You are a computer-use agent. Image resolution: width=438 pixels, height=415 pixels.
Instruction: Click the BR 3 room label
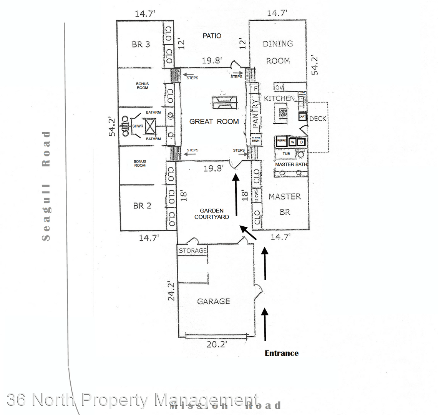tap(141, 45)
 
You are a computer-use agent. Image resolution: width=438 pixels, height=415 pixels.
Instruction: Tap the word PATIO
tap(212, 36)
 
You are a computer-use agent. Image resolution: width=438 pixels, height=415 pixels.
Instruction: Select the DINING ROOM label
tap(278, 52)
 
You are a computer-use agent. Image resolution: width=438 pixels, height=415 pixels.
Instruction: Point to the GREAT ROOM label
tap(214, 121)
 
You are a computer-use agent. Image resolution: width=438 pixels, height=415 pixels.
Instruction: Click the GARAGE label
tap(213, 301)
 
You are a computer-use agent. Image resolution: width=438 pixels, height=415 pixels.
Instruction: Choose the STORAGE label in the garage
tap(192, 251)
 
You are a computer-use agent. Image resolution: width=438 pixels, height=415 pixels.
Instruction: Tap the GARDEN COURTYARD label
tap(211, 214)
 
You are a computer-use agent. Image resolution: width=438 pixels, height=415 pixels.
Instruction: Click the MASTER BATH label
tap(291, 164)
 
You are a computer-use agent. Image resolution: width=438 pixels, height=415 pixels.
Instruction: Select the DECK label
tap(318, 119)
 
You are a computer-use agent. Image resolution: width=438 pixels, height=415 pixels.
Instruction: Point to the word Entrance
tap(281, 353)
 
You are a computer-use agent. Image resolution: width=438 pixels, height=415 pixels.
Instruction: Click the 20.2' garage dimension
tap(217, 344)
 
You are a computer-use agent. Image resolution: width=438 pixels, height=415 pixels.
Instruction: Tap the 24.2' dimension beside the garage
tap(171, 291)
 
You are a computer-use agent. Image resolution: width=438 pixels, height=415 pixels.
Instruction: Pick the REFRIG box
tap(282, 141)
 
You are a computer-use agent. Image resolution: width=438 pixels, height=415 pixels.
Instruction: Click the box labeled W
tap(293, 142)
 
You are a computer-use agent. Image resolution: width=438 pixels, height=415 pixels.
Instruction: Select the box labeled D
tap(302, 142)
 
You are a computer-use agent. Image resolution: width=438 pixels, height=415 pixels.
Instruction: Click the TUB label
tap(286, 154)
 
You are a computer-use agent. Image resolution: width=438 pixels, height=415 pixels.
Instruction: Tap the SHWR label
tap(138, 126)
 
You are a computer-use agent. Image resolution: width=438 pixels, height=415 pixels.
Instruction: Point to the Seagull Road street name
tap(46, 186)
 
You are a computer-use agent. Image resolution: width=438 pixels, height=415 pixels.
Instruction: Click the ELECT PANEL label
tap(256, 139)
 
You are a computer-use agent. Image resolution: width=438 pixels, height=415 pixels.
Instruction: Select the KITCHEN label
tap(279, 98)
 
